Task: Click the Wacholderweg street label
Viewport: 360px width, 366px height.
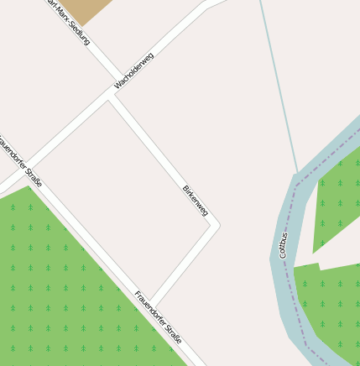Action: [134, 71]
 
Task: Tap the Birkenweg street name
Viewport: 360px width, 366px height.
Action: [195, 201]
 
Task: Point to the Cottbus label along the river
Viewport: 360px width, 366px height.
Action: [283, 242]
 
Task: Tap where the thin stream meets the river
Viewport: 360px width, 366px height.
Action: [297, 174]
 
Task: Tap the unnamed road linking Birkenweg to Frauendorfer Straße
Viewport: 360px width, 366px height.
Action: [184, 264]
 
